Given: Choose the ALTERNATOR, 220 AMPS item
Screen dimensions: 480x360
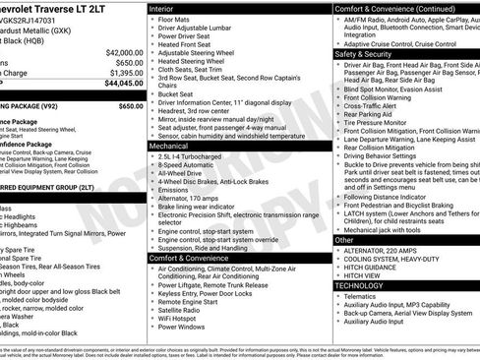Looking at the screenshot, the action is [x=390, y=250].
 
